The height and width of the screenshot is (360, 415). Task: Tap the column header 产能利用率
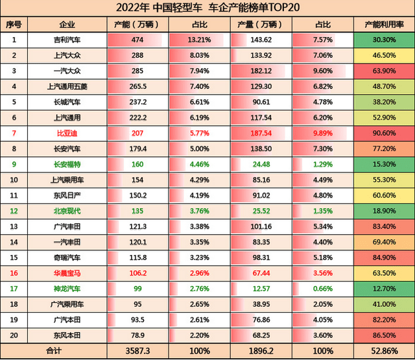(x=385, y=25)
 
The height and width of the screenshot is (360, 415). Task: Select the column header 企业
(x=67, y=25)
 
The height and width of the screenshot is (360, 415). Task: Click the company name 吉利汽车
(x=67, y=40)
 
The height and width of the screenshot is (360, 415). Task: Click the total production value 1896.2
(x=263, y=350)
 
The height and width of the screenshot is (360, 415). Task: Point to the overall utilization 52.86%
(x=385, y=350)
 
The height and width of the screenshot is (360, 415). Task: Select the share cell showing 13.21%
(x=199, y=40)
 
